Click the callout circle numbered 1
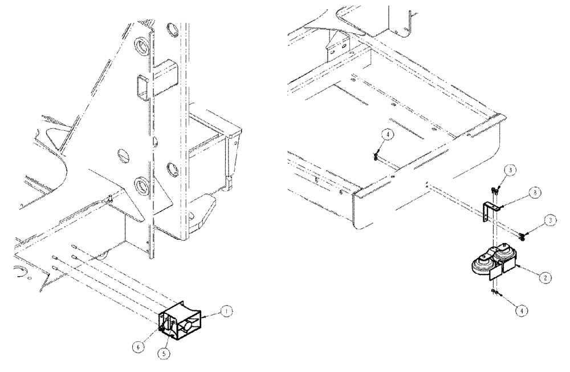click(x=226, y=311)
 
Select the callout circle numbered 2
click(x=545, y=277)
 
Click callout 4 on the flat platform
click(x=386, y=135)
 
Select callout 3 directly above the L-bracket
click(x=511, y=169)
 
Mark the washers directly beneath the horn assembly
click(x=494, y=293)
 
